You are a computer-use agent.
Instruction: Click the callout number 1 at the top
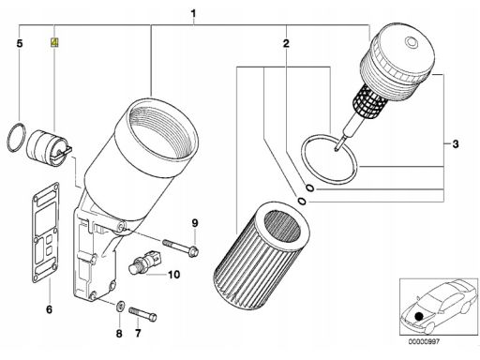(x=193, y=14)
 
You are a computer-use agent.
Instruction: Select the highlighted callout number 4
(x=54, y=42)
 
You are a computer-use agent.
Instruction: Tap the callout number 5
(x=20, y=43)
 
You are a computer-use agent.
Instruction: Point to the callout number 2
(x=286, y=43)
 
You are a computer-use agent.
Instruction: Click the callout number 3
(x=456, y=144)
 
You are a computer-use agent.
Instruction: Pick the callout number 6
(x=49, y=309)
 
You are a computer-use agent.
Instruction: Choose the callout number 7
(x=138, y=333)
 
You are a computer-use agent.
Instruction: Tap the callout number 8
(x=119, y=334)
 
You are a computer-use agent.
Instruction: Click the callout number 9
(x=195, y=223)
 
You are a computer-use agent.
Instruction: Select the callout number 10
(x=174, y=275)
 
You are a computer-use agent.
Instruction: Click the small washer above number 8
(x=120, y=306)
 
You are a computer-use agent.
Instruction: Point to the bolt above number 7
(x=142, y=314)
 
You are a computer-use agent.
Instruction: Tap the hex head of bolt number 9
(x=194, y=251)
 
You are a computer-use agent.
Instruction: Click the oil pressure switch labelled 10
(x=144, y=261)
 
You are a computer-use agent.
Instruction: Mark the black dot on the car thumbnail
(x=419, y=317)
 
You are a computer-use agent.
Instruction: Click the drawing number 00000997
(x=424, y=341)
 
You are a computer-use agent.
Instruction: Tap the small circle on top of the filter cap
(x=411, y=42)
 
